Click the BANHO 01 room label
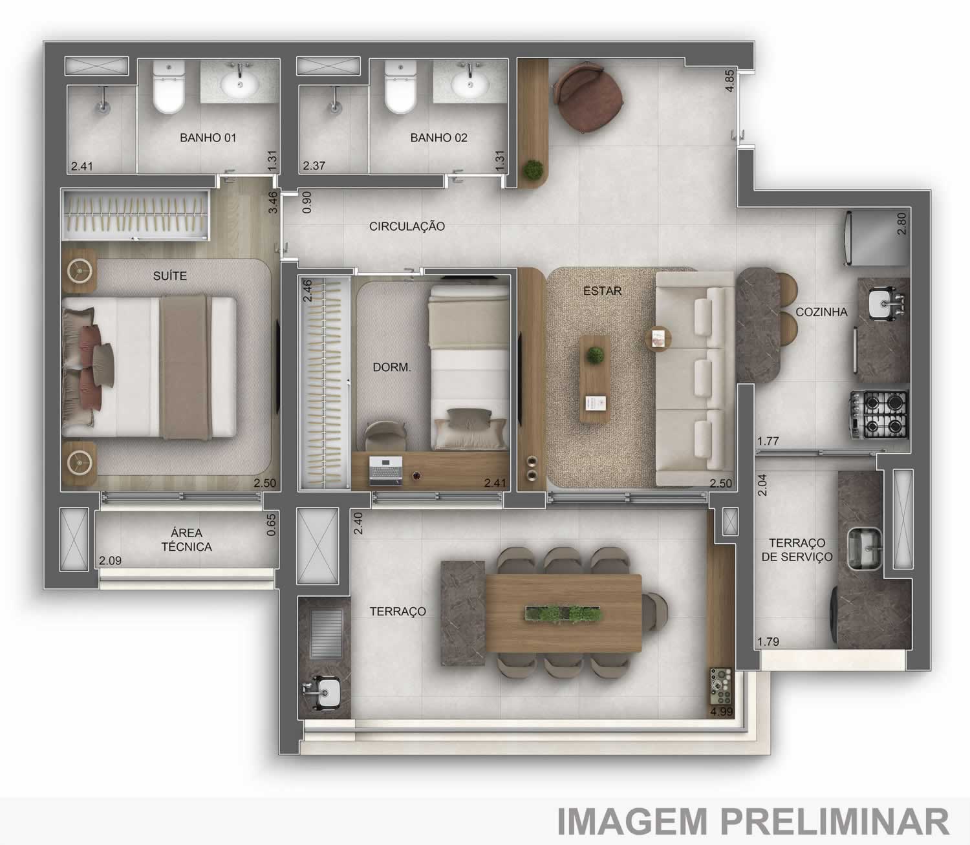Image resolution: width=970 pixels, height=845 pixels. click(208, 138)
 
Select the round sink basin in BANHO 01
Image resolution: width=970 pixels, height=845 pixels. click(240, 84)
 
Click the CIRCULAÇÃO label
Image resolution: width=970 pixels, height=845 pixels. click(407, 226)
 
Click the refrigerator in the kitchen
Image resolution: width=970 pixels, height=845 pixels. click(876, 238)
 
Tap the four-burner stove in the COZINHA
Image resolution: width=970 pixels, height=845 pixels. click(879, 414)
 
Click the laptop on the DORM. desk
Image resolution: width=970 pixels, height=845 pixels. click(385, 471)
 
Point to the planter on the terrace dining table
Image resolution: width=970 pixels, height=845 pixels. click(564, 614)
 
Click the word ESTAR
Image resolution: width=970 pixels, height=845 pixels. click(602, 291)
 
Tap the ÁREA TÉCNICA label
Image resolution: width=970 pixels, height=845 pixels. click(186, 540)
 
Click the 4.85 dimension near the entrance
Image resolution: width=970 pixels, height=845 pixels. click(729, 81)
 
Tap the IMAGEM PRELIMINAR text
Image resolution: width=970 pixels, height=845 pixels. click(753, 820)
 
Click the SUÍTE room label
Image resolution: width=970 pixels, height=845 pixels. click(169, 276)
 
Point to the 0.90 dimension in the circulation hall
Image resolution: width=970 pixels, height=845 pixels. click(307, 202)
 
